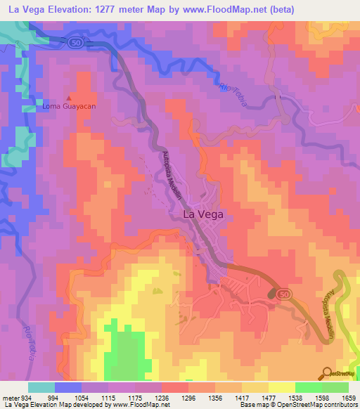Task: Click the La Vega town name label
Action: click(204, 215)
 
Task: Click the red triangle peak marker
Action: click(68, 98)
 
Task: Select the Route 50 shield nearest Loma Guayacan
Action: click(75, 42)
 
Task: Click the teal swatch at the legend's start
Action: click(41, 387)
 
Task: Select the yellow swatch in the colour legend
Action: click(281, 387)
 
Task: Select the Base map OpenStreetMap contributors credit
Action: click(297, 405)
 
